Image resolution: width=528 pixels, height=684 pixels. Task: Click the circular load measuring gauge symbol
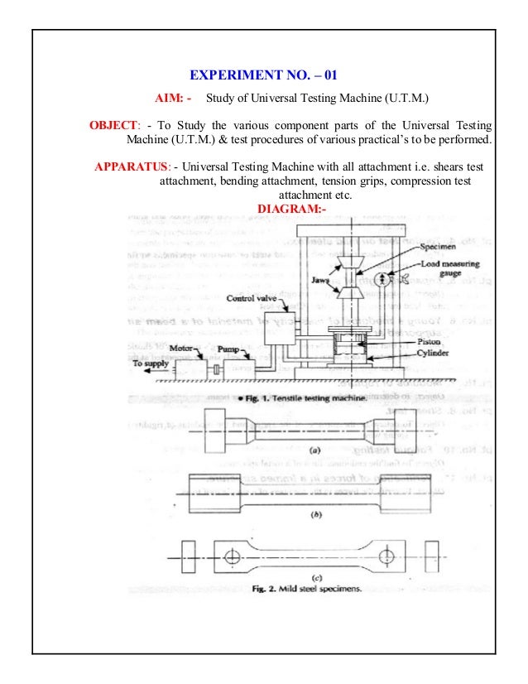point(381,279)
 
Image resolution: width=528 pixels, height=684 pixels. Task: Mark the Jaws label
point(322,280)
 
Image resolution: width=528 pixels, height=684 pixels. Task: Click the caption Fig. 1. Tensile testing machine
point(308,398)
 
